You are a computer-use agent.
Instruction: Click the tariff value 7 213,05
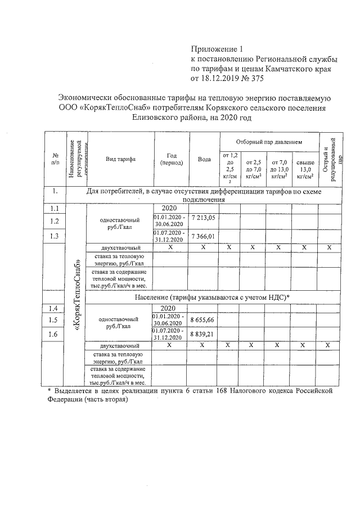pyautogui.click(x=203, y=217)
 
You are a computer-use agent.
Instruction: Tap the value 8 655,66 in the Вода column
pyautogui.click(x=203, y=319)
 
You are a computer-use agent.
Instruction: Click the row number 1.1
pyautogui.click(x=55, y=208)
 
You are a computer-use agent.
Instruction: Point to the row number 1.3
pyautogui.click(x=55, y=236)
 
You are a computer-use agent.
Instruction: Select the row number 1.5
pyautogui.click(x=55, y=319)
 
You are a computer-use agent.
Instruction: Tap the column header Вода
pyautogui.click(x=204, y=159)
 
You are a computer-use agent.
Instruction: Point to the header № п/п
pyautogui.click(x=55, y=159)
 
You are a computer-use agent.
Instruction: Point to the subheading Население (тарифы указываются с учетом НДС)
pyautogui.click(x=212, y=298)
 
